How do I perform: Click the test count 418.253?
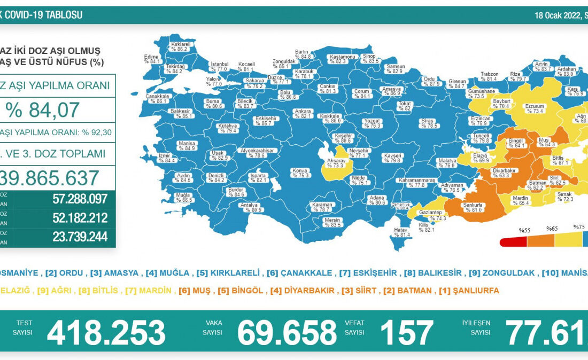tap(106, 332)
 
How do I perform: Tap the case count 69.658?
tap(287, 332)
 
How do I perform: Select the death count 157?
tap(406, 332)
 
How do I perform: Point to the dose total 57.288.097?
tap(80, 199)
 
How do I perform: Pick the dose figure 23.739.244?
tap(80, 237)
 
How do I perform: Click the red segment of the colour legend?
tap(513, 242)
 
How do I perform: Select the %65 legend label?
tap(552, 229)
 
